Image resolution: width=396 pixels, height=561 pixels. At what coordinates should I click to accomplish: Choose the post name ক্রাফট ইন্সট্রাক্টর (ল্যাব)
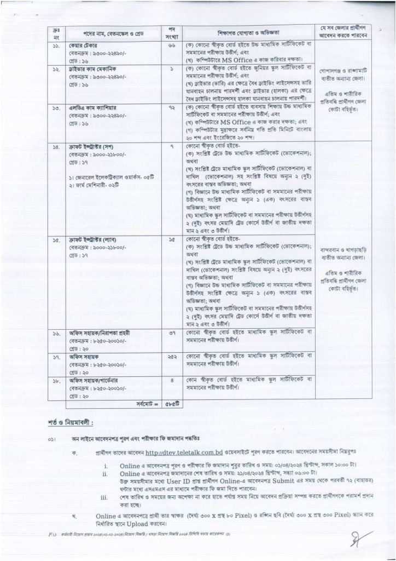point(92,240)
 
